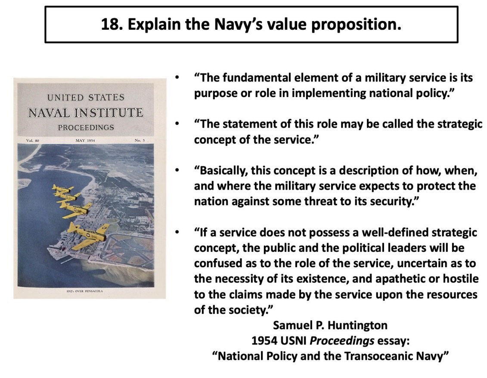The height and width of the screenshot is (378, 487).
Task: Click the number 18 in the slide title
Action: click(111, 24)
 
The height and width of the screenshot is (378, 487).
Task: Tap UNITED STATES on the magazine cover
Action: click(86, 97)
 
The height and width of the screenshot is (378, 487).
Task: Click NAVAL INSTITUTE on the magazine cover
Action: click(86, 112)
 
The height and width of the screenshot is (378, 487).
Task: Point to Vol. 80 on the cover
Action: click(33, 141)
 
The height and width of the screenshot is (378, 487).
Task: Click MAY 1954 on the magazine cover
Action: click(85, 141)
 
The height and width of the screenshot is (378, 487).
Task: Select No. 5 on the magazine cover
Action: click(140, 141)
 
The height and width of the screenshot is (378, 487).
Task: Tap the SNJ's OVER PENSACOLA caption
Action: click(85, 291)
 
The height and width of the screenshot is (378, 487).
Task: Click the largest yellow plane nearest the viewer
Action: click(88, 235)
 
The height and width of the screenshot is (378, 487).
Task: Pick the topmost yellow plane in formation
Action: click(63, 188)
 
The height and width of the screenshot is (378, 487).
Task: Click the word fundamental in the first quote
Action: click(257, 78)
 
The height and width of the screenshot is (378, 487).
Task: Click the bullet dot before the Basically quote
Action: click(177, 170)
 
